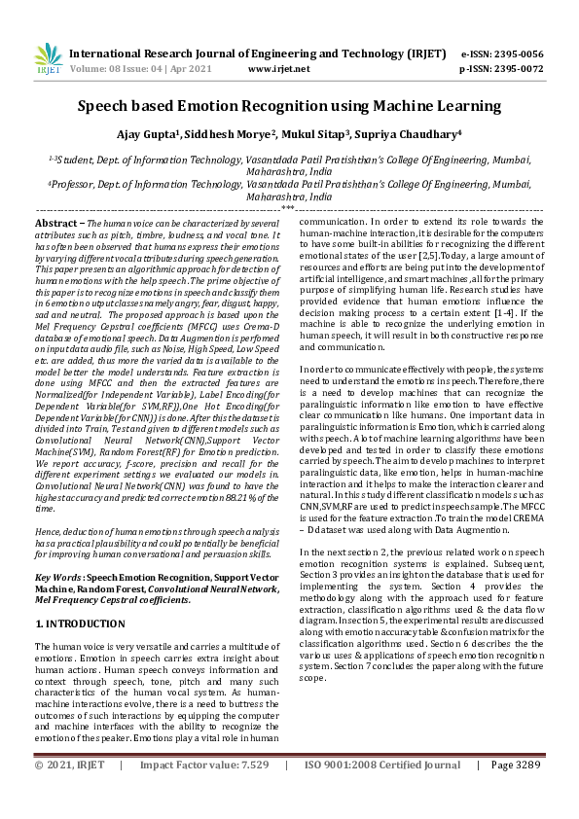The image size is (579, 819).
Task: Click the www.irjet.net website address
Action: [x=279, y=69]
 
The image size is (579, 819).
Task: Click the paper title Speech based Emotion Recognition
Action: [x=289, y=105]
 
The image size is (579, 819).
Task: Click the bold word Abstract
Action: [x=54, y=224]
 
